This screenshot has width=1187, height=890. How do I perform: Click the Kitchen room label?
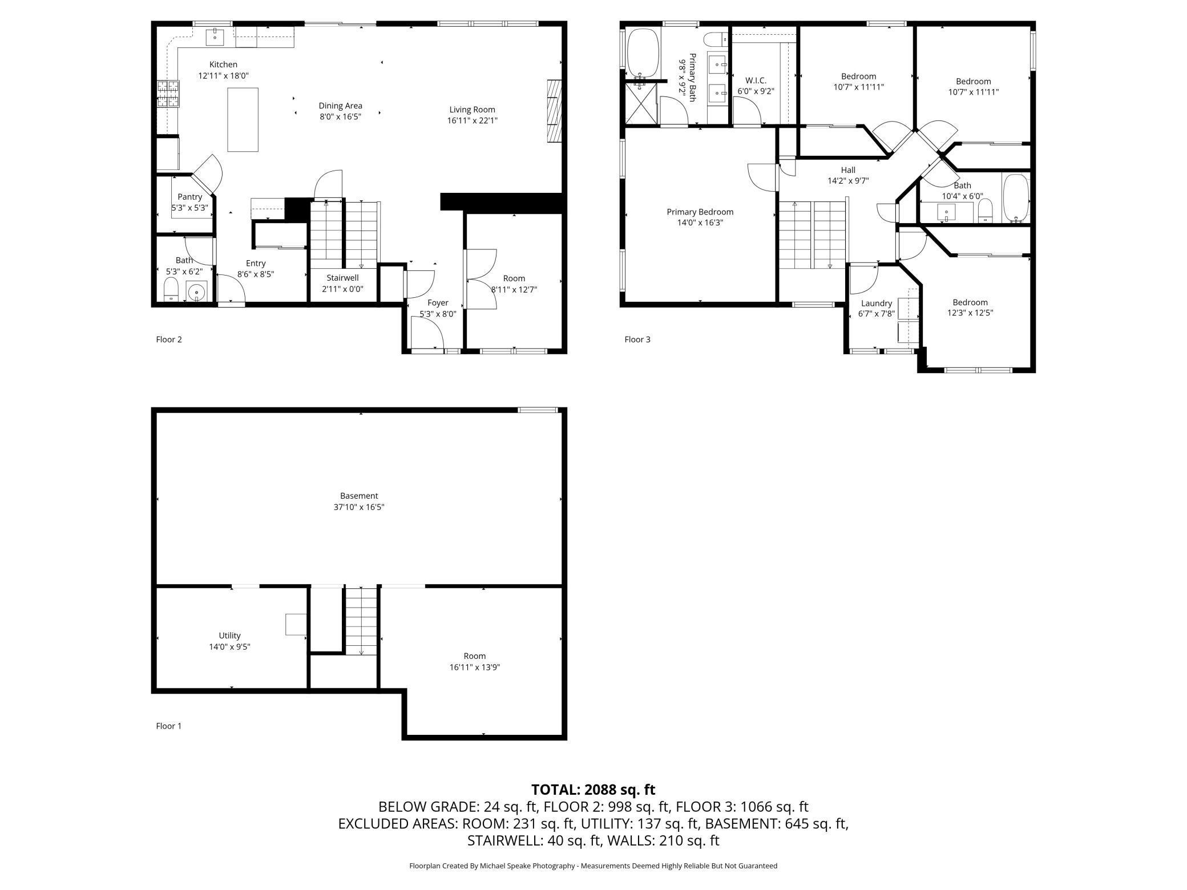tap(223, 64)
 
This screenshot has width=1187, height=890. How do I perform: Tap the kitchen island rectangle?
tap(243, 120)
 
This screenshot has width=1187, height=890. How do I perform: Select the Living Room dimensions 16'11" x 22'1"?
tap(473, 120)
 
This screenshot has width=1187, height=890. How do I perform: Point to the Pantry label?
tap(189, 197)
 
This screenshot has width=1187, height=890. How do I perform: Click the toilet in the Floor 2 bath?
tap(172, 290)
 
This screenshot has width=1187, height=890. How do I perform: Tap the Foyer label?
tap(438, 303)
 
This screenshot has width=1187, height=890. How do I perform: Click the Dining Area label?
tap(340, 106)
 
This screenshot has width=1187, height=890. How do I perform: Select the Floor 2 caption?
tap(169, 339)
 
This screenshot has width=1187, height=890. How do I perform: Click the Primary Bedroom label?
tap(700, 212)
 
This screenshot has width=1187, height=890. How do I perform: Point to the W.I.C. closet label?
tap(756, 80)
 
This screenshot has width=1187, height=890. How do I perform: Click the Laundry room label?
tap(876, 304)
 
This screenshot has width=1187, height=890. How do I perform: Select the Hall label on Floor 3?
tap(848, 170)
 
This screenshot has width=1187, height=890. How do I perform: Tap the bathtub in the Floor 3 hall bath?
tap(1016, 199)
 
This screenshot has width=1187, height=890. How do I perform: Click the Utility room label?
tap(229, 636)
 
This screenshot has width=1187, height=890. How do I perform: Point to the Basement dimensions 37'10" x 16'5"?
tap(359, 507)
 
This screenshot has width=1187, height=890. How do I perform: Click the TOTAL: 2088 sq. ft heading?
tap(593, 790)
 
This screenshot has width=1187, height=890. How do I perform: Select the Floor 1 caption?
tap(169, 726)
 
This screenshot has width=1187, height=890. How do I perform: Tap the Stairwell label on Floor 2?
tap(342, 278)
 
